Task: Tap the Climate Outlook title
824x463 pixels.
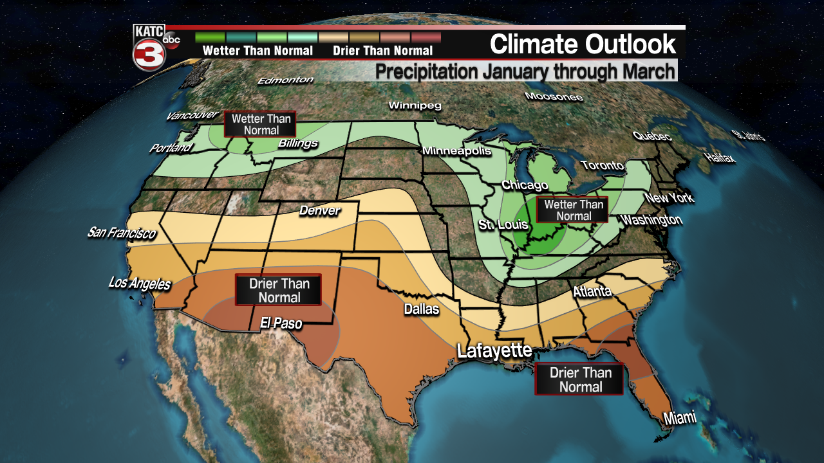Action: [583, 44]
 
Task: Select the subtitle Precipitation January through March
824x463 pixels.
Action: [525, 71]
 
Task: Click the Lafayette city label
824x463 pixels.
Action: [494, 351]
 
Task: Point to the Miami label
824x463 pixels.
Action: [680, 418]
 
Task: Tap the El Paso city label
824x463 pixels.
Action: [281, 323]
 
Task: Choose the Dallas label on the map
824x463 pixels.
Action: [421, 309]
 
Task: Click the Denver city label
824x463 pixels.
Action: [319, 210]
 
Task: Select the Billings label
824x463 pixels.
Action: [298, 143]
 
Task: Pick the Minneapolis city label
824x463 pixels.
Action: [456, 151]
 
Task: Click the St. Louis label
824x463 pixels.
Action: [503, 224]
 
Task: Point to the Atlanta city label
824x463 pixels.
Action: [592, 292]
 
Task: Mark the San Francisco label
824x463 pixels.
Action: [122, 232]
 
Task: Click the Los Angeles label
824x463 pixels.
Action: [140, 283]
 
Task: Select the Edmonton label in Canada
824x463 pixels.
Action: [285, 80]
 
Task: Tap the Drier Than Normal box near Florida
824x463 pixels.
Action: [579, 379]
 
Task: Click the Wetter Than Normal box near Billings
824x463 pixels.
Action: [261, 124]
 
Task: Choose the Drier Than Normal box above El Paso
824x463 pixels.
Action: [278, 290]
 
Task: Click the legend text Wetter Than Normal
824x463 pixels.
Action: [257, 51]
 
